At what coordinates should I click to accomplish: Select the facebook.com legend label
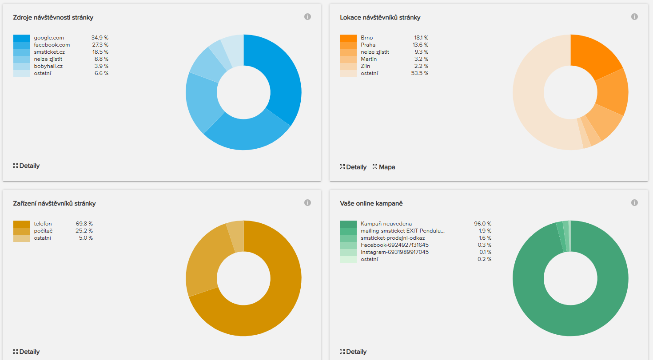pos(52,45)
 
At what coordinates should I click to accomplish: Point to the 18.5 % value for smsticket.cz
pos(100,52)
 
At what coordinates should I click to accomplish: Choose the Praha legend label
pos(368,45)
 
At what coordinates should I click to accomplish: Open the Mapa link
pos(387,167)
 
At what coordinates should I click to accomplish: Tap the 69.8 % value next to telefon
pos(84,224)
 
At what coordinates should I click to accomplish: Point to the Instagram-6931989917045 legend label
pos(394,252)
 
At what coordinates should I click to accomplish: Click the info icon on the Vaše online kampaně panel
pos(634,203)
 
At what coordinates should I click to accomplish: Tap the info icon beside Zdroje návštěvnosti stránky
pos(307,17)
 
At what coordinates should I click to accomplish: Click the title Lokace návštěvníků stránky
pos(380,17)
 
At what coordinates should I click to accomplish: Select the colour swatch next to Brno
pos(348,38)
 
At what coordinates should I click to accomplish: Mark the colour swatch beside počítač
pos(21,231)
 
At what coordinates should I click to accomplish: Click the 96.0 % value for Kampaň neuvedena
pos(482,224)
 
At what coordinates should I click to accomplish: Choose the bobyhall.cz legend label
pos(48,66)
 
